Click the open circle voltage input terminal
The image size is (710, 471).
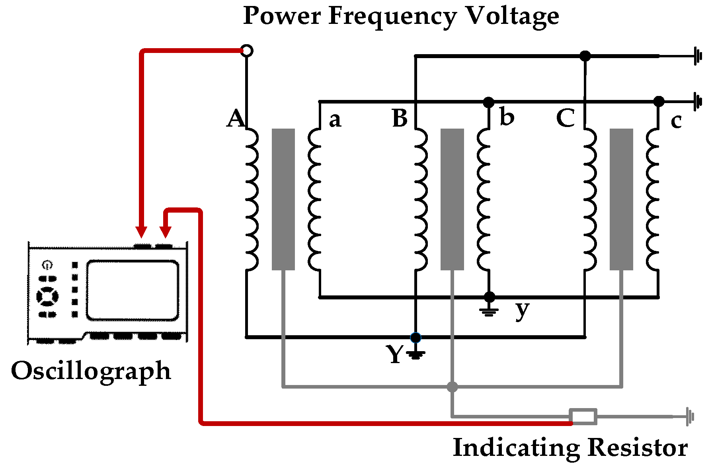click(x=247, y=51)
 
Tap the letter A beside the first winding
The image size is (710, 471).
click(x=236, y=118)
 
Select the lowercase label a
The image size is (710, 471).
click(x=335, y=120)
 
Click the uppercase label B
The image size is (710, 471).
click(x=400, y=118)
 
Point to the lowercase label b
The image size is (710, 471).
click(x=507, y=117)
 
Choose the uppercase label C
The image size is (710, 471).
click(x=566, y=118)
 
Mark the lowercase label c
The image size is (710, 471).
click(x=676, y=121)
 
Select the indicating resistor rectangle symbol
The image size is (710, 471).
click(x=583, y=417)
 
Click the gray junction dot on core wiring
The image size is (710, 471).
click(x=452, y=387)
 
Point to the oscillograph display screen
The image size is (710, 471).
click(x=132, y=290)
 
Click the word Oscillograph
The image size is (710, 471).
click(x=91, y=371)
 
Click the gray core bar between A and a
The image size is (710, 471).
click(x=283, y=199)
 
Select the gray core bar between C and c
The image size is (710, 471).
click(x=621, y=199)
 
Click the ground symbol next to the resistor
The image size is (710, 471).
click(x=689, y=417)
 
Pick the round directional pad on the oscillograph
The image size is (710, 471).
click(x=47, y=297)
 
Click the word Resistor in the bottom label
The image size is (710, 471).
click(x=637, y=448)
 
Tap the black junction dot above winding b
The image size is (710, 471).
click(x=489, y=102)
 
